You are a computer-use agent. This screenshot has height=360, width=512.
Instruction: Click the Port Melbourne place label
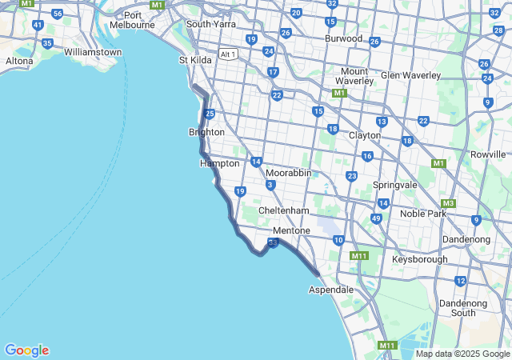pyautogui.click(x=134, y=20)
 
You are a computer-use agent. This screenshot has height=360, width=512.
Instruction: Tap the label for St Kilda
pyautogui.click(x=194, y=60)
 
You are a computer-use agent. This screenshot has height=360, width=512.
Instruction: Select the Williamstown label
pyautogui.click(x=93, y=52)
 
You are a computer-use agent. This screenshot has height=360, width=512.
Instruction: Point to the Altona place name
pyautogui.click(x=19, y=61)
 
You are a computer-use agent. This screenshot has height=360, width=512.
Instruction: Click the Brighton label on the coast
pyautogui.click(x=206, y=132)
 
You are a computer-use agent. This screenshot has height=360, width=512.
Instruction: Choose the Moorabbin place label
pyautogui.click(x=289, y=173)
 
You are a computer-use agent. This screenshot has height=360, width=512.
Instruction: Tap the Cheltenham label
pyautogui.click(x=283, y=210)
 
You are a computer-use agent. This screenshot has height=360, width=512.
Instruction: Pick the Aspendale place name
pyautogui.click(x=331, y=290)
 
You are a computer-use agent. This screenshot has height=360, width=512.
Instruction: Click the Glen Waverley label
pyautogui.click(x=410, y=75)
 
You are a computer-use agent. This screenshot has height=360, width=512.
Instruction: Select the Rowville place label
pyautogui.click(x=488, y=154)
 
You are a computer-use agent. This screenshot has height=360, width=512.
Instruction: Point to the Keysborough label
pyautogui.click(x=420, y=260)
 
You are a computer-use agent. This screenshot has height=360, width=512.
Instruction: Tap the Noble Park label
pyautogui.click(x=422, y=214)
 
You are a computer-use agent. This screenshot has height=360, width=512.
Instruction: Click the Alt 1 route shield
pyautogui.click(x=228, y=54)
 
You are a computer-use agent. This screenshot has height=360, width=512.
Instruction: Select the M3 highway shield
pyautogui.click(x=448, y=203)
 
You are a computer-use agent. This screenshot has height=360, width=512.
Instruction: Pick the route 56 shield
pyautogui.click(x=57, y=14)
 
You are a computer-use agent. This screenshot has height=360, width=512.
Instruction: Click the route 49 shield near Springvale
pyautogui.click(x=376, y=218)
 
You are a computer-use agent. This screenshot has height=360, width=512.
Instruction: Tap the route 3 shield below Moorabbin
pyautogui.click(x=270, y=186)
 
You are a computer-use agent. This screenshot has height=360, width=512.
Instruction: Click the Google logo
pyautogui.click(x=26, y=350)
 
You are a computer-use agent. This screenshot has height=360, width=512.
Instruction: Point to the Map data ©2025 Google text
pyautogui.click(x=462, y=354)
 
